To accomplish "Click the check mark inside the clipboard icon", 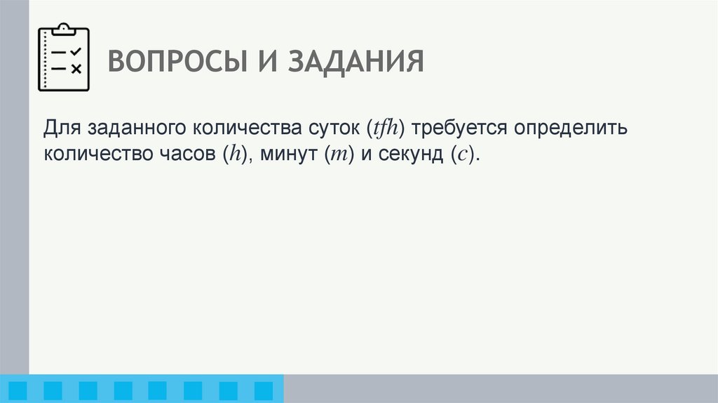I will [76, 51].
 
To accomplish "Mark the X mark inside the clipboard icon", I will [76, 68].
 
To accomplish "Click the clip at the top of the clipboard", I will [64, 29].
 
